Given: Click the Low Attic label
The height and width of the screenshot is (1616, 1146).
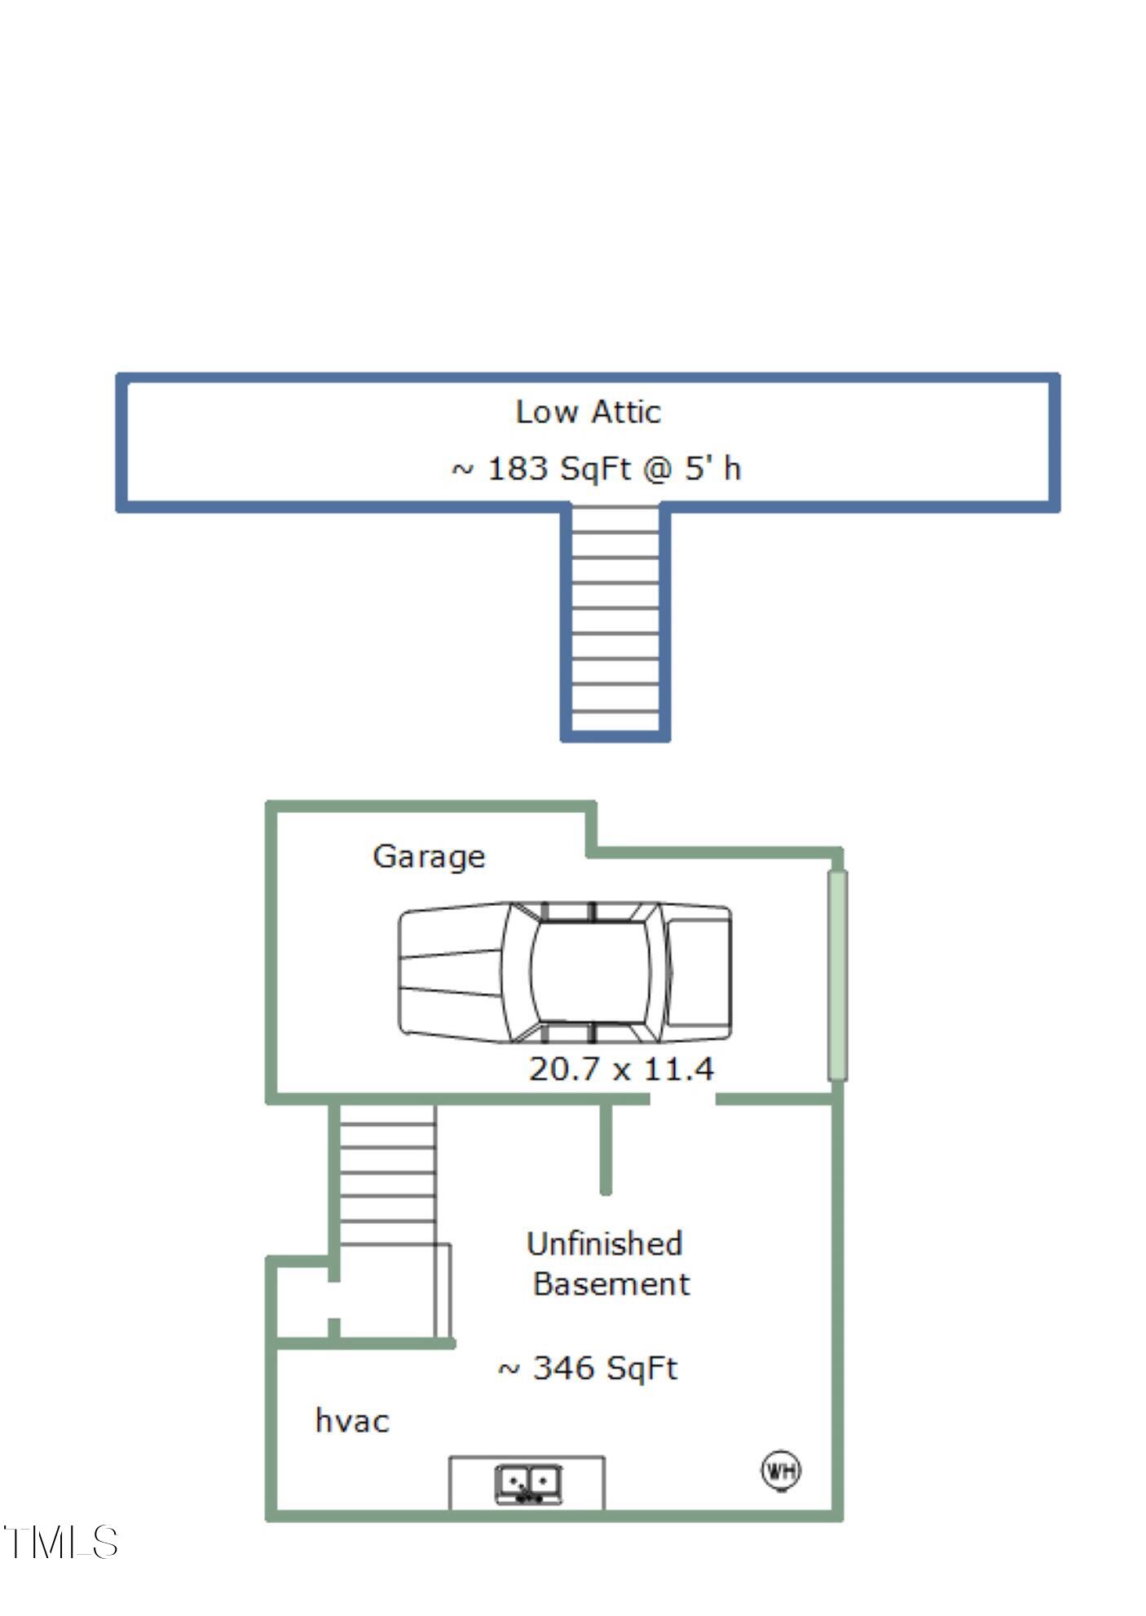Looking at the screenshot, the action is click(x=588, y=412).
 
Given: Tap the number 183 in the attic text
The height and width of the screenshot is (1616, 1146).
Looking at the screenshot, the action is click(x=517, y=469).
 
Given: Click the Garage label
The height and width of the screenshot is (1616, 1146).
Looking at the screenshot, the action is click(x=429, y=856).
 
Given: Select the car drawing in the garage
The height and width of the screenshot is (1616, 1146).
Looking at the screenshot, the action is click(x=564, y=973).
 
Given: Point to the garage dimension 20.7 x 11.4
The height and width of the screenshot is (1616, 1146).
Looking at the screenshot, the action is click(x=621, y=1069).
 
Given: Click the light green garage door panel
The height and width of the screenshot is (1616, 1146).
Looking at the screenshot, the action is click(x=837, y=975).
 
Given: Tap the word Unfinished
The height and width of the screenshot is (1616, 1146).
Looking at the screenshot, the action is click(x=604, y=1244).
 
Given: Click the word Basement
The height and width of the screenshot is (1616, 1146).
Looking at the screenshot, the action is click(x=611, y=1284).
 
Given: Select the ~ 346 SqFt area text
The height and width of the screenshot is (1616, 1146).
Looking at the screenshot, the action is click(x=587, y=1368).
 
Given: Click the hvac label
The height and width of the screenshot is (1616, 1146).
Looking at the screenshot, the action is click(x=352, y=1421).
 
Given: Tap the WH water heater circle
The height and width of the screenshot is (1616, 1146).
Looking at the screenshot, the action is click(x=781, y=1471).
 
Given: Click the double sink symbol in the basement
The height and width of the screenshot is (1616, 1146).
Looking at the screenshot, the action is click(x=527, y=1485).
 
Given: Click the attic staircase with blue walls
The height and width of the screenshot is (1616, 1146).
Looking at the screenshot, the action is click(x=615, y=621).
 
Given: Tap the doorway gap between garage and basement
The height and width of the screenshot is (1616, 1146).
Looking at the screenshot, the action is click(x=682, y=1099).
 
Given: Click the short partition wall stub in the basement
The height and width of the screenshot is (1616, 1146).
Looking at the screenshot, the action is click(x=606, y=1149).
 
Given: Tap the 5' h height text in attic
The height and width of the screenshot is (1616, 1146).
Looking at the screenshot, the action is click(x=712, y=469).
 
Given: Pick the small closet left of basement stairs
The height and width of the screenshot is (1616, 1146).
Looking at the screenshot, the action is click(x=302, y=1301).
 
